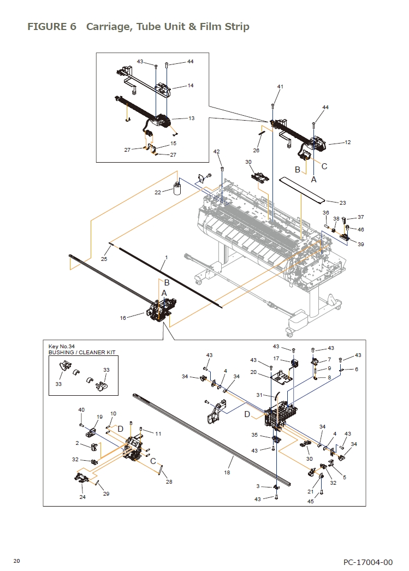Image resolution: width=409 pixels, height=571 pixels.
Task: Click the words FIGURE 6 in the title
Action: tap(52, 27)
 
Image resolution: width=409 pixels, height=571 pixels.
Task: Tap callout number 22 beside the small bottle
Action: tap(157, 192)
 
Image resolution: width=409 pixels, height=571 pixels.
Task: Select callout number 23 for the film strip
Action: tap(342, 203)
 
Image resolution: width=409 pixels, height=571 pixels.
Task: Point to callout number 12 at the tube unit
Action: tap(347, 142)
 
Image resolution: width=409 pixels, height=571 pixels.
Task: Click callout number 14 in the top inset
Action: tap(191, 86)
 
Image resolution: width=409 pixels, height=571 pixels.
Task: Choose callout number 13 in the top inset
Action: tap(191, 118)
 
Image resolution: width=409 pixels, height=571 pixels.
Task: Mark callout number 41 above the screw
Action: tap(280, 87)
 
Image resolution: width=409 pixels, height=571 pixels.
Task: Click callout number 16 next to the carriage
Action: tap(123, 317)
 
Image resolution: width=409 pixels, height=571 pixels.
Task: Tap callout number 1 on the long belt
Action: tap(166, 257)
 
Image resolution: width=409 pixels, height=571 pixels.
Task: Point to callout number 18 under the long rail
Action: tap(227, 472)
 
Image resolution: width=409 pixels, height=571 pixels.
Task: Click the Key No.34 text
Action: tap(61, 347)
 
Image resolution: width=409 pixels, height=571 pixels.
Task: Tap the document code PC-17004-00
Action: tap(367, 562)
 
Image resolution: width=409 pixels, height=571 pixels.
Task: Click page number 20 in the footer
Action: tap(17, 561)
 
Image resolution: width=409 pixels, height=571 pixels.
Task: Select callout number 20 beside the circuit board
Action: tap(253, 372)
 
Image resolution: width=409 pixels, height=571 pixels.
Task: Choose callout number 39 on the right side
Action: tap(360, 244)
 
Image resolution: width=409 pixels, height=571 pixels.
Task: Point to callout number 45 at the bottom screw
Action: tap(310, 501)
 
